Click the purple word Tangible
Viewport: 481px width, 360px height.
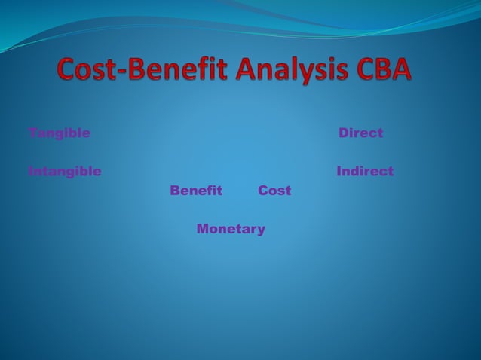pos(59,133)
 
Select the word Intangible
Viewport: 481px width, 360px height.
pos(64,172)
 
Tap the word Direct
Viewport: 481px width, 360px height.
pos(360,133)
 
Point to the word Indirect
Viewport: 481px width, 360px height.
pos(365,172)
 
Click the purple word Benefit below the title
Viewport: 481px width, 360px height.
pos(196,191)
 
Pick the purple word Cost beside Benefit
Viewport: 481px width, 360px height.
pos(274,191)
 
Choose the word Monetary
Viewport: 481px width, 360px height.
pos(231,229)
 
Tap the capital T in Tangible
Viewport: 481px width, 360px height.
pos(33,133)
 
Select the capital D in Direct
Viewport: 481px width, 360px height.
pos(344,133)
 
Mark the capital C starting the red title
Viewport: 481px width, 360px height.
pos(68,71)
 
